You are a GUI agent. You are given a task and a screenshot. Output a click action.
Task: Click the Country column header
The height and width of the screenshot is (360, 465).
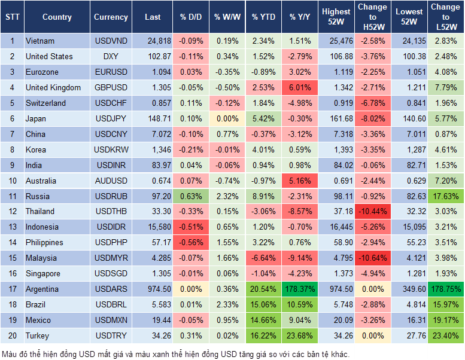56,17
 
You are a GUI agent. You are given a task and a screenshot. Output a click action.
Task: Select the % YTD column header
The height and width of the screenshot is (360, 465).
263,17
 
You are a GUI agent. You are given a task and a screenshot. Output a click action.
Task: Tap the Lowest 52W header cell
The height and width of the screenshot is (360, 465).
409,17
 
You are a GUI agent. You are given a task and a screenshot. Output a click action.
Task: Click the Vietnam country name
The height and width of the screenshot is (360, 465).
40,41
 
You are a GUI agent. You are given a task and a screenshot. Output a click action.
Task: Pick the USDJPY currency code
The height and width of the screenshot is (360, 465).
111,118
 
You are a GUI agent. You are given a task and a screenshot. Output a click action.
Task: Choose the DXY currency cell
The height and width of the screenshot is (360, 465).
111,56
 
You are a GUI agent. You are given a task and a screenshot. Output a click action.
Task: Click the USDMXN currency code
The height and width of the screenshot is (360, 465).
111,320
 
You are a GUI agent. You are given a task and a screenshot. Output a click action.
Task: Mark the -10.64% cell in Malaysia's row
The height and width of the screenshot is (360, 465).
372,258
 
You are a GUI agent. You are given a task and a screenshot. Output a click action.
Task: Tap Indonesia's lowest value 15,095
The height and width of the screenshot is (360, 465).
409,227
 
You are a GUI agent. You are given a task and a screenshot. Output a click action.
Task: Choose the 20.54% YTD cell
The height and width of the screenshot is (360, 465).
263,289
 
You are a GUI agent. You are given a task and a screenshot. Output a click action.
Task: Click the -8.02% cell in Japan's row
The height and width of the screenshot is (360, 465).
372,118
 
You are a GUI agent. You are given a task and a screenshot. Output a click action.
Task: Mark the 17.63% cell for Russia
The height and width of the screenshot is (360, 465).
446,196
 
